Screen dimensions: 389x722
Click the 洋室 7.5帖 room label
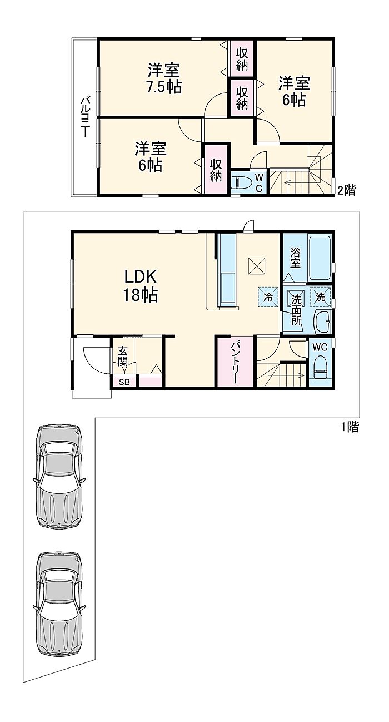click(x=164, y=78)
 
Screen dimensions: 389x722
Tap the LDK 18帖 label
click(x=141, y=286)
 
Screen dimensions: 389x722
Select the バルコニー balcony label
click(x=84, y=116)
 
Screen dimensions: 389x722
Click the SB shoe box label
click(x=124, y=382)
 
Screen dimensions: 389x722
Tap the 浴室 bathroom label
click(x=295, y=258)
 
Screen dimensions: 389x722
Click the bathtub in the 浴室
click(x=320, y=258)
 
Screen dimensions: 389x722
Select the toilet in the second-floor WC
click(x=242, y=183)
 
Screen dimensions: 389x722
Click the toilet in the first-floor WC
click(x=320, y=367)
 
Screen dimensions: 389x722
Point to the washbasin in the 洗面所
click(x=322, y=322)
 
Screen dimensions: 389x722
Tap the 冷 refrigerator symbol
click(x=268, y=296)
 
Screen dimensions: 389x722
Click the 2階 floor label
click(x=347, y=190)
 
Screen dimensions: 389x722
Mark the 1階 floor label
click(x=350, y=427)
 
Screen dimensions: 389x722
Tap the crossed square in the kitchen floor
click(x=257, y=266)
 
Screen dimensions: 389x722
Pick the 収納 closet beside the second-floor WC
click(x=216, y=170)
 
